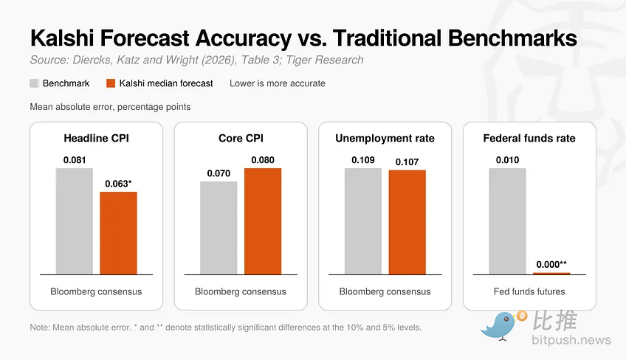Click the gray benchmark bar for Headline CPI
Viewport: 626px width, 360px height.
pos(75,221)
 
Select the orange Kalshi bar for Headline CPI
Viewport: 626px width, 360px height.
pos(118,233)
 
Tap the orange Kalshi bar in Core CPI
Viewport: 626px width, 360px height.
pos(263,221)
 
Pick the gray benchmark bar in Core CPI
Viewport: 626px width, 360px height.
pos(219,228)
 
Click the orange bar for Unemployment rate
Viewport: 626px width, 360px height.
pos(407,222)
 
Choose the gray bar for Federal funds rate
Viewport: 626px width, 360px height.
pos(507,221)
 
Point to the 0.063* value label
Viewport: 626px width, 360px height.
pos(118,184)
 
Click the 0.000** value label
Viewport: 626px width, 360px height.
pos(551,264)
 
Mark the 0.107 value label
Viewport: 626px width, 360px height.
pos(407,162)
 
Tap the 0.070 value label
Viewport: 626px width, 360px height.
pos(219,173)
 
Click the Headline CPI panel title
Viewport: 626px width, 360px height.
pos(96,138)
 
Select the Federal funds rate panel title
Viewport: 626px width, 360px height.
pos(529,138)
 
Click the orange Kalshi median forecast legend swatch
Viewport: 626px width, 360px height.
pos(111,83)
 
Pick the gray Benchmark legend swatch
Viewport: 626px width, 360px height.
pos(35,83)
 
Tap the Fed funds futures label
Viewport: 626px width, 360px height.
pos(529,291)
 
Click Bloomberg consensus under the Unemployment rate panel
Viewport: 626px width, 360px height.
pos(385,291)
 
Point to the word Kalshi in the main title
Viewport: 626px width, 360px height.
pos(62,38)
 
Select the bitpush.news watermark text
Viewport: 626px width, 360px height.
pos(571,340)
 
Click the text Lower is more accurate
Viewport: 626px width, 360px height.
pos(278,83)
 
